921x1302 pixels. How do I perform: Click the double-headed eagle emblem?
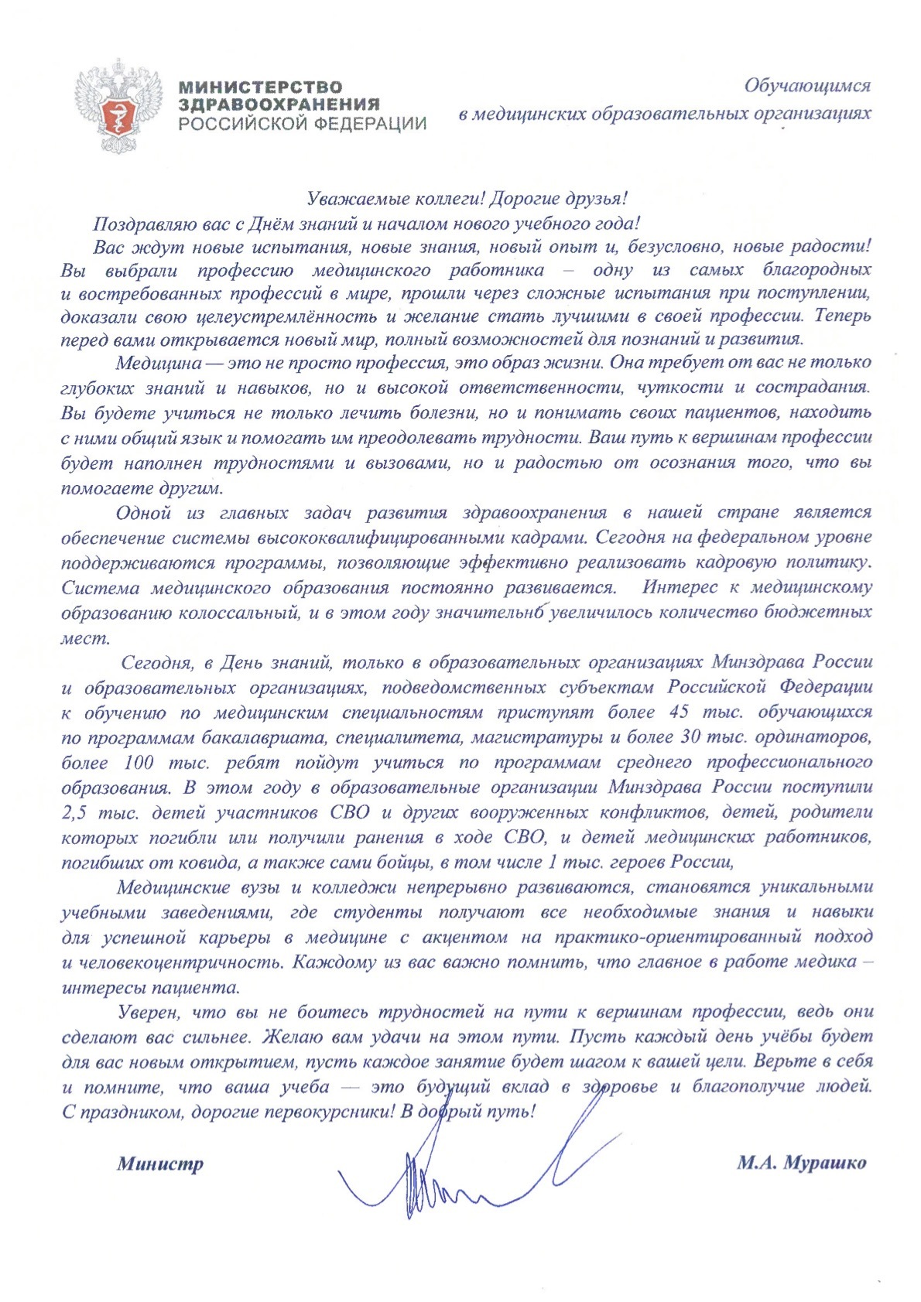click(x=118, y=106)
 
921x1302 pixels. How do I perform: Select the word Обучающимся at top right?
click(x=807, y=86)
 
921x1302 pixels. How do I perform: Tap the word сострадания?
click(x=813, y=388)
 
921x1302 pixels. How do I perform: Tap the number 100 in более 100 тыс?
click(x=139, y=763)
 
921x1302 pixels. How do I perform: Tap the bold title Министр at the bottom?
click(x=160, y=1164)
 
